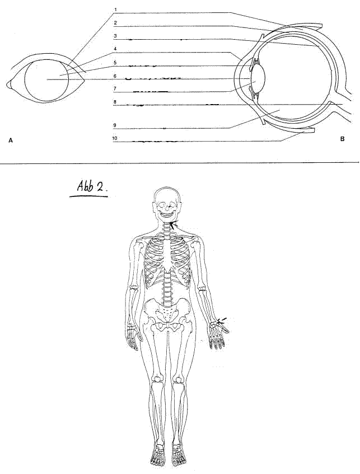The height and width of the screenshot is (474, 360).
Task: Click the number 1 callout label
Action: coord(115,10)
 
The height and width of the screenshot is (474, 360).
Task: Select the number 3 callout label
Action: coord(115,36)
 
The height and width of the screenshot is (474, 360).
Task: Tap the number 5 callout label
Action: coord(115,63)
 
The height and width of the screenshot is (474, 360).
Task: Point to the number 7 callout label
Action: coord(115,88)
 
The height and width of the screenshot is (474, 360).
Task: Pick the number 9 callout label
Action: coord(115,125)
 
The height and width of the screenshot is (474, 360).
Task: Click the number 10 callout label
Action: coord(115,138)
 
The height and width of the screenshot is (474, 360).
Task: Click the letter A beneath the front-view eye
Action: coord(11,140)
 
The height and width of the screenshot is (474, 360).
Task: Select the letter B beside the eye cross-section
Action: coord(342,139)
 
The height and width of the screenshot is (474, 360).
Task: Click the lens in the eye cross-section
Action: coord(259,77)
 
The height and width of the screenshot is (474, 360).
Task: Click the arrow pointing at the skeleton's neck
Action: coord(174,224)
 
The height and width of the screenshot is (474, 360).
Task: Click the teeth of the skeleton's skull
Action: coord(166,213)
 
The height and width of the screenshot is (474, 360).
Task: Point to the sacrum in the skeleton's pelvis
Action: coord(167,313)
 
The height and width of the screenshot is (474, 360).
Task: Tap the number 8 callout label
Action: coord(115,102)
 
